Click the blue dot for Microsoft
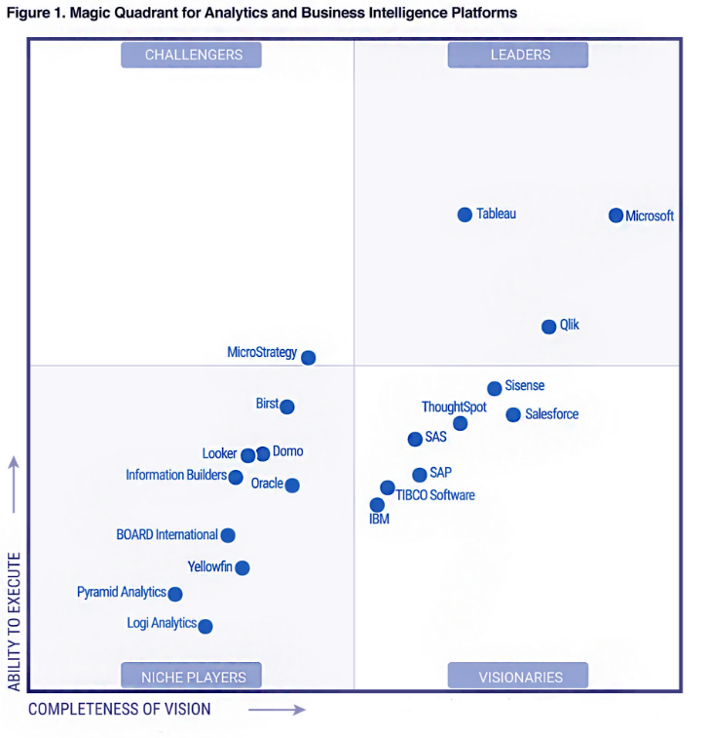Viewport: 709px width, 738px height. pos(616,215)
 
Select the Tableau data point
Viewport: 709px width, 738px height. pos(465,214)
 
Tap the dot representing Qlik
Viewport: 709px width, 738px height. pos(549,327)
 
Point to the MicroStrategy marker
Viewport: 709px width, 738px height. pos(309,358)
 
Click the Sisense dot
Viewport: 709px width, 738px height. pos(495,388)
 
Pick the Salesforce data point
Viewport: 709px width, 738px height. pos(513,415)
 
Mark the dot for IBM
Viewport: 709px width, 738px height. pos(377,504)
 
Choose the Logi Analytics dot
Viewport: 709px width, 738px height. pos(205,626)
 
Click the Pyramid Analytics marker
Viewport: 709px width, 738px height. pos(175,594)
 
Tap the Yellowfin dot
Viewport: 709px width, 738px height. pos(243,567)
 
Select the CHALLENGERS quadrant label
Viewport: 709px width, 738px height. pos(193,55)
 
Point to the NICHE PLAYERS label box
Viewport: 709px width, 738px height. pos(193,677)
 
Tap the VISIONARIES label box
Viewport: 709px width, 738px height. pos(519,677)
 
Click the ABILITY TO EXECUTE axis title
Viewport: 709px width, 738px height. pos(15,622)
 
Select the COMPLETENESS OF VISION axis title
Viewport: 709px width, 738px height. pos(119,709)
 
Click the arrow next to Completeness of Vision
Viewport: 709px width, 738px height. pos(277,710)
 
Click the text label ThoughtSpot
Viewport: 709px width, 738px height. pos(454,407)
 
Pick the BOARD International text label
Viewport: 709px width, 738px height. pos(167,534)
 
